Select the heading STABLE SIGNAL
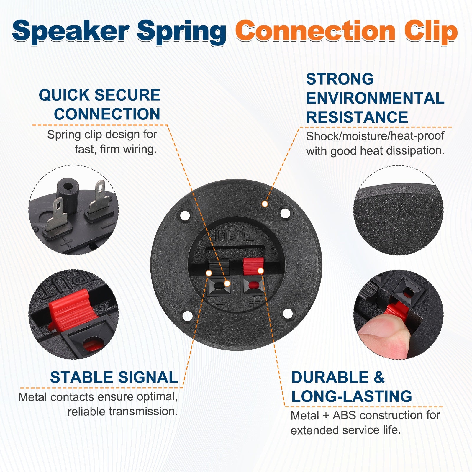(x=114, y=377)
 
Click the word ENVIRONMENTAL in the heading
(x=375, y=98)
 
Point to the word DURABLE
(x=330, y=377)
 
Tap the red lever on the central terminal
(x=253, y=265)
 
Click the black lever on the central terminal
(x=219, y=267)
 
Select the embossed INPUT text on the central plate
(x=234, y=236)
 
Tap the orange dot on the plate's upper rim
(x=265, y=204)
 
